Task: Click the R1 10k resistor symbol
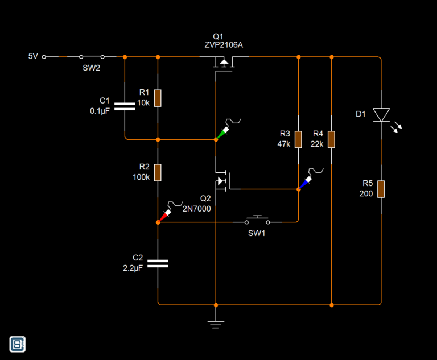tap(158, 98)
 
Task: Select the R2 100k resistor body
tap(158, 172)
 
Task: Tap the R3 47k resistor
tap(298, 139)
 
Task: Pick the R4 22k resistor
tap(331, 139)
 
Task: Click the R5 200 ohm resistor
tap(381, 189)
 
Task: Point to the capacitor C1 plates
tap(125, 106)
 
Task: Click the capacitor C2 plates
tap(158, 263)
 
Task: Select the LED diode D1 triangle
tap(381, 115)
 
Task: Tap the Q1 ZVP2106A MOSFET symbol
tap(224, 63)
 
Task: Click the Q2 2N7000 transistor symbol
tap(222, 181)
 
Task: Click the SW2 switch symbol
tap(92, 57)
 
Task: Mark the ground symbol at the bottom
tap(216, 324)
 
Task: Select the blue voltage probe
tap(306, 181)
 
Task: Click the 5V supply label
tap(33, 56)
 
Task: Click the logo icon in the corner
tap(18, 344)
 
